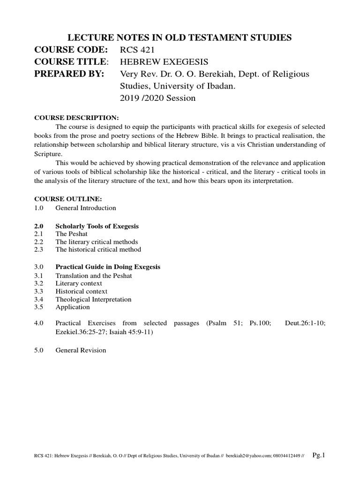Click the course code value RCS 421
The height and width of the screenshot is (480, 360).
pos(136,50)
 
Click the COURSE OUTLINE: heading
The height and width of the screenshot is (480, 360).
pos(64,199)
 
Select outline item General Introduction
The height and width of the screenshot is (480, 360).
pos(85,208)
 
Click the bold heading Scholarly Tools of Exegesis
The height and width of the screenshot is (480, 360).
pos(97,226)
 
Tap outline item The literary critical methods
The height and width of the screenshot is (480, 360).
pos(97,242)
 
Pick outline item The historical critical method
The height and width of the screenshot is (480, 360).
pos(98,250)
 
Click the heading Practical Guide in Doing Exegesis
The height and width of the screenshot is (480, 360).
pos(108,267)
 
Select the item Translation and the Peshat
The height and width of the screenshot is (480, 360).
pos(94,276)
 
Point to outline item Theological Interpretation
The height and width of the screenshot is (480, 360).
pos(93,299)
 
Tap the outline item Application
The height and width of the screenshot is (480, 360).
pos(72,307)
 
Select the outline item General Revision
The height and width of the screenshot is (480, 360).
pos(81,350)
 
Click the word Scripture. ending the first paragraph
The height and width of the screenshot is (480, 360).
pos(48,153)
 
